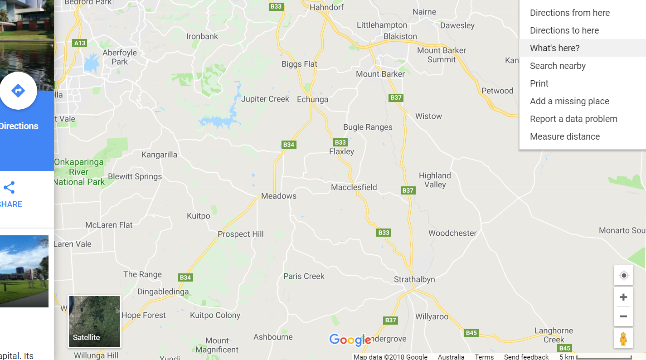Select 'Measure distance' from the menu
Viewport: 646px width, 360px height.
[564, 136]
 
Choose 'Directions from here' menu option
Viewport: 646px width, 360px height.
[569, 13]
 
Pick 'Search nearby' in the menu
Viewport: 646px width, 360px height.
[558, 66]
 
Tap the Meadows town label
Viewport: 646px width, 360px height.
[279, 196]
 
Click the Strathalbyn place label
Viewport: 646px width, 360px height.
[414, 279]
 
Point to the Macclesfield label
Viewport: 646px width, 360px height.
[354, 187]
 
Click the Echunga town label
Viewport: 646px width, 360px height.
[312, 99]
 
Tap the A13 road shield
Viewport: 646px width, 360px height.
[79, 43]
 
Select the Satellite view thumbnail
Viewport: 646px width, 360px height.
[94, 321]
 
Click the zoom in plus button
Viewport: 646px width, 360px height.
[623, 297]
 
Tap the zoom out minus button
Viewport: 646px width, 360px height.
[623, 316]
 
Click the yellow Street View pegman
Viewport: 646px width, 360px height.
[623, 339]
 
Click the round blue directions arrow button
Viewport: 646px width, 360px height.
[18, 91]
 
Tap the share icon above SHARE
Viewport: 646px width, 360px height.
[9, 188]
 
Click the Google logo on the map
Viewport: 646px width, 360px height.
[350, 340]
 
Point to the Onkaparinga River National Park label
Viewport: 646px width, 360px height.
[79, 172]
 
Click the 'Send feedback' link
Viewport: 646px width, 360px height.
[526, 357]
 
